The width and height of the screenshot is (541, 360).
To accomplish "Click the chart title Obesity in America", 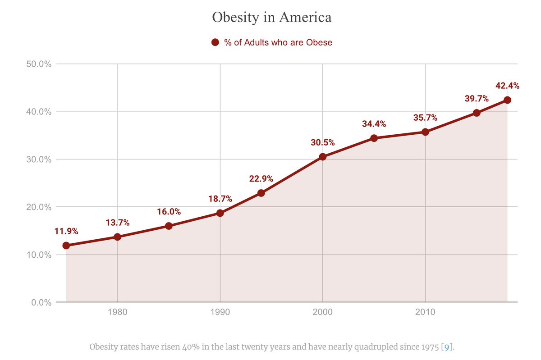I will click(272, 18).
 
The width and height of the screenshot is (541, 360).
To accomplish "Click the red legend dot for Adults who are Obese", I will click(215, 42).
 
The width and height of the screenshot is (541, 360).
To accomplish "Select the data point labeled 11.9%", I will click(66, 246).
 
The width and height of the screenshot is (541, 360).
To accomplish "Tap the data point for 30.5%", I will click(322, 157).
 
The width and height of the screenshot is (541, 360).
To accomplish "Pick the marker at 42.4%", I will click(507, 100).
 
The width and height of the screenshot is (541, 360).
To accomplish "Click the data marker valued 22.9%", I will click(261, 193).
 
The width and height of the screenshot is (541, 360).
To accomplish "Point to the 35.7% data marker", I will click(425, 132).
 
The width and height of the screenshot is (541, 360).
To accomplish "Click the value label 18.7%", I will click(220, 199).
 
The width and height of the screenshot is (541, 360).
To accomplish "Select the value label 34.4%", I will click(374, 124).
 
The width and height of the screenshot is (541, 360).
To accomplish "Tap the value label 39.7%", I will click(477, 99).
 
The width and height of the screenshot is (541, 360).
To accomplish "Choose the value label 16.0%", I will click(169, 212).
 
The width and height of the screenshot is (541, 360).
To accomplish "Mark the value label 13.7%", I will click(118, 223).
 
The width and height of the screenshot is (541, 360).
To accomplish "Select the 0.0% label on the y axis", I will click(41, 302).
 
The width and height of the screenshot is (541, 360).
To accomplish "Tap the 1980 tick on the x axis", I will click(117, 312).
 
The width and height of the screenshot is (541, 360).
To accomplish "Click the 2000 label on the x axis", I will click(322, 312).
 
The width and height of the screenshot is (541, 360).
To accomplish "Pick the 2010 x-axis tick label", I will click(425, 312).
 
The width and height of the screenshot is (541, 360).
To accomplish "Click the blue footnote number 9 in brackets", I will click(446, 347).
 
